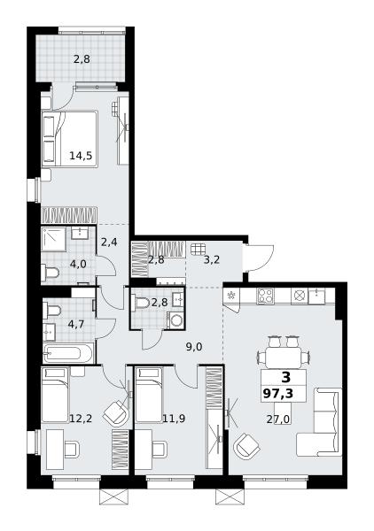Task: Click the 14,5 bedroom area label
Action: [81, 156]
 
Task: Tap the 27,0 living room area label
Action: [277, 419]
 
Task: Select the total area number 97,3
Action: [277, 394]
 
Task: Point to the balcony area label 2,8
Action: [82, 59]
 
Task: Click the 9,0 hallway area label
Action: [194, 347]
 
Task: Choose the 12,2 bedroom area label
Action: [81, 419]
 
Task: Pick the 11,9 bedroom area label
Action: [174, 419]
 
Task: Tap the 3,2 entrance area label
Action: [212, 260]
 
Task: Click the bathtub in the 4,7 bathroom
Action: [68, 353]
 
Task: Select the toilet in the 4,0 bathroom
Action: [50, 272]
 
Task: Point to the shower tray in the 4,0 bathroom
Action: [53, 239]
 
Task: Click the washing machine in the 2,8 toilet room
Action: [175, 320]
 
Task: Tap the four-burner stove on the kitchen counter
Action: [264, 296]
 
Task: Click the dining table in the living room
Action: [284, 357]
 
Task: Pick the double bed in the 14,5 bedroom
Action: [69, 139]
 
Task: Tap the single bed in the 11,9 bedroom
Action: [149, 396]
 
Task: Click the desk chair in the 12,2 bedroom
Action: [72, 450]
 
